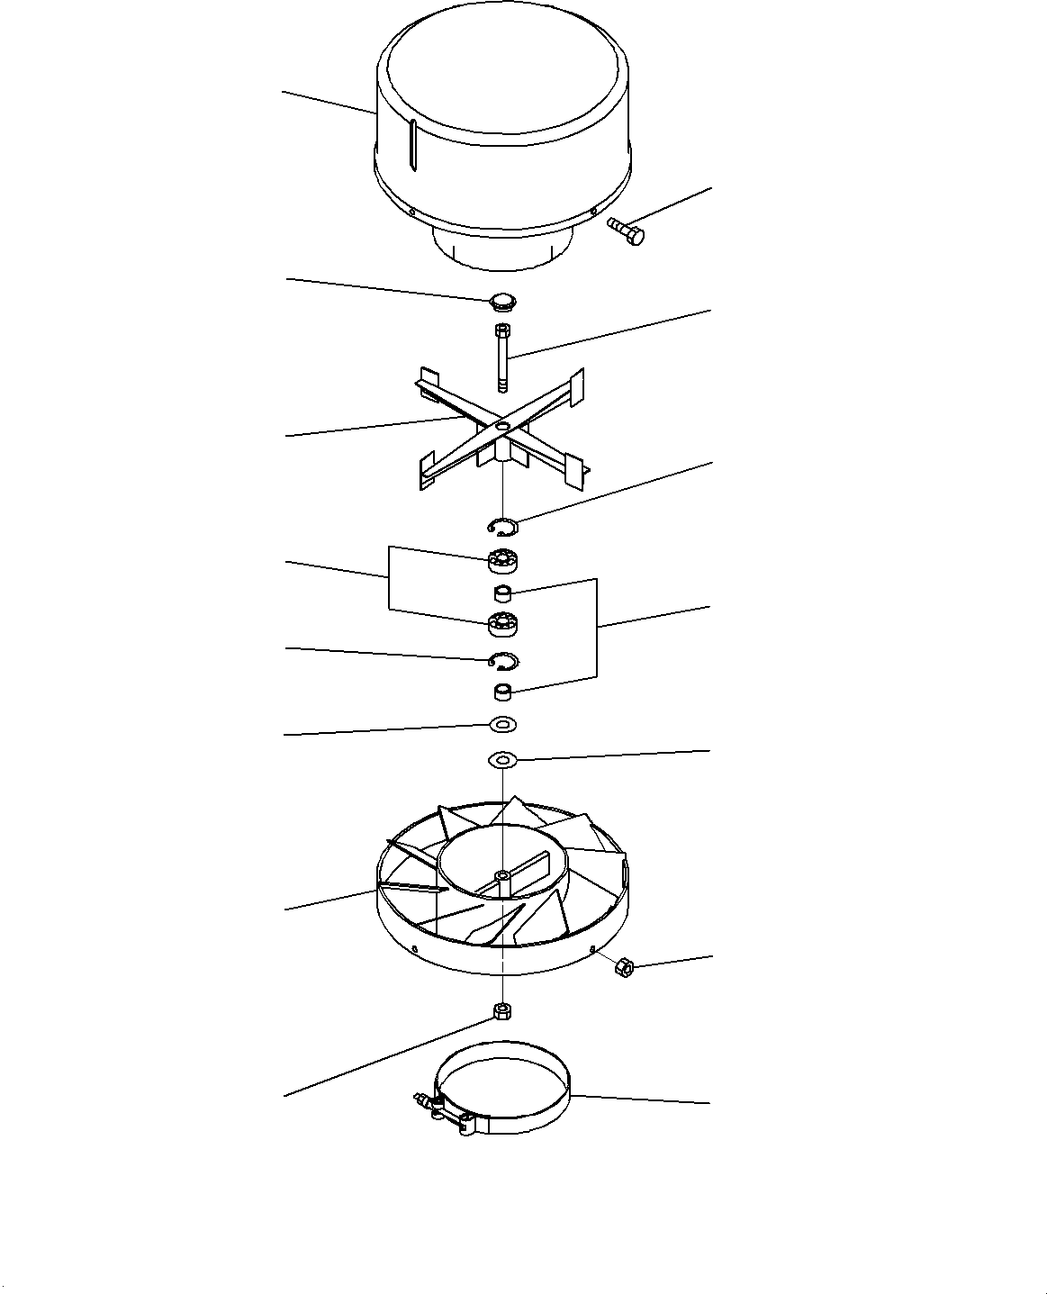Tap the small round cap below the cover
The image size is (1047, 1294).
pos(503,300)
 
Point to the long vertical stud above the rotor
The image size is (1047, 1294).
pos(502,358)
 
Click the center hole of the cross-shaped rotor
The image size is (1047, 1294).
pos(502,425)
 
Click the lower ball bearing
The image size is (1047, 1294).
pos(502,622)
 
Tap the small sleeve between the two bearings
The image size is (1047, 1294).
pos(503,593)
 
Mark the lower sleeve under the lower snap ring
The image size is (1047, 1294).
pos(503,692)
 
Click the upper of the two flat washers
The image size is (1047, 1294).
pos(502,724)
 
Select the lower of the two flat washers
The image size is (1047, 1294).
pos(502,761)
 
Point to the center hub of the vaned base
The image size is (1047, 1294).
pos(502,876)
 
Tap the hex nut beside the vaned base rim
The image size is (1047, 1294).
pos(621,968)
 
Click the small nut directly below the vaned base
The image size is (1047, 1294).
pos(502,1010)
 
